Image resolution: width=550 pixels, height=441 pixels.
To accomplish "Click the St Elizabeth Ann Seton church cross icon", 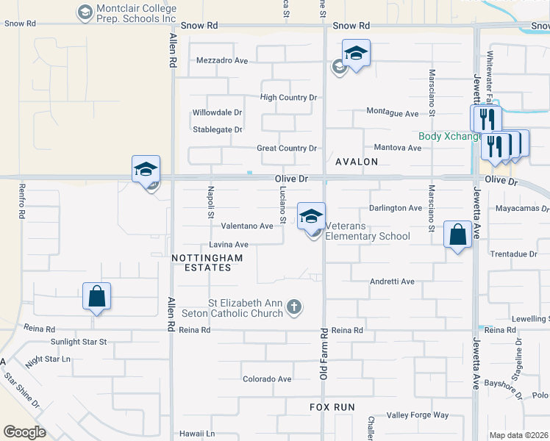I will pyautogui.click(x=293, y=306).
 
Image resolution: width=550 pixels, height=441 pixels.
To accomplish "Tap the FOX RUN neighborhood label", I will pyautogui.click(x=332, y=407).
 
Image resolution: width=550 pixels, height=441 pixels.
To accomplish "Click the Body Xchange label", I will pyautogui.click(x=449, y=137).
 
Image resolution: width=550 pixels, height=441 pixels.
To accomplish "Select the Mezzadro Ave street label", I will pyautogui.click(x=221, y=61).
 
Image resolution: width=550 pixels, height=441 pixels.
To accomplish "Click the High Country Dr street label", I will pyautogui.click(x=288, y=97).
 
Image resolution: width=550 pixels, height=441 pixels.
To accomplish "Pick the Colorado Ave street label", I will pyautogui.click(x=267, y=379).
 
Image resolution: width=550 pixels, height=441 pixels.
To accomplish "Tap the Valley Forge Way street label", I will pyautogui.click(x=418, y=415).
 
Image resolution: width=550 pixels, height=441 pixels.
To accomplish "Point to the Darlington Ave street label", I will pyautogui.click(x=395, y=208).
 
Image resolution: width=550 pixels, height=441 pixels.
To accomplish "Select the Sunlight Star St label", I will pyautogui.click(x=79, y=342).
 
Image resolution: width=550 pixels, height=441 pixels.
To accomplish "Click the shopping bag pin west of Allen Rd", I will pyautogui.click(x=96, y=297).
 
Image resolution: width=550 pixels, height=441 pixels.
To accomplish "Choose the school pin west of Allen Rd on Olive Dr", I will pyautogui.click(x=146, y=170).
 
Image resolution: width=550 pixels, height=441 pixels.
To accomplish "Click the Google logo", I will pyautogui.click(x=24, y=432).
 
